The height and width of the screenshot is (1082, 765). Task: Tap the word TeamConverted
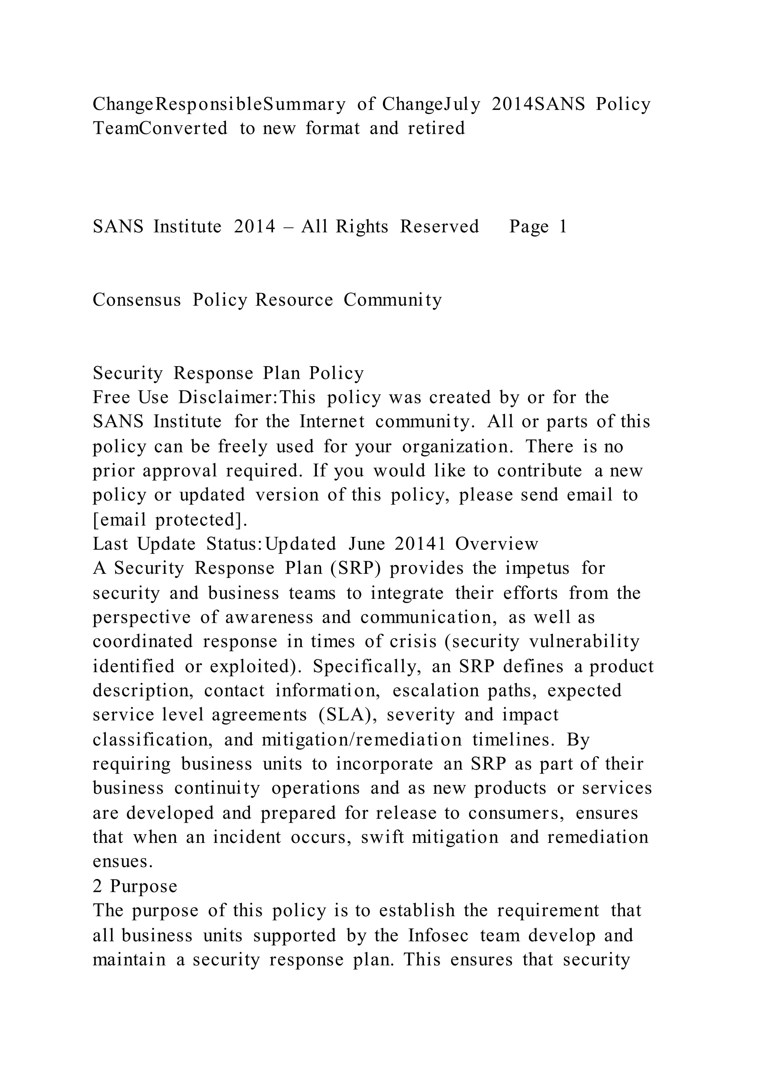click(x=160, y=129)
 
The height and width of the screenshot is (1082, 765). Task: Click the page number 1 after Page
click(x=563, y=227)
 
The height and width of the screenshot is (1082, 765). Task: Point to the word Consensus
click(x=137, y=300)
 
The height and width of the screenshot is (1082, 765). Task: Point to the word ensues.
click(x=123, y=862)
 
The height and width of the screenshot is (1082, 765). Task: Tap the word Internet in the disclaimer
click(x=332, y=422)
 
